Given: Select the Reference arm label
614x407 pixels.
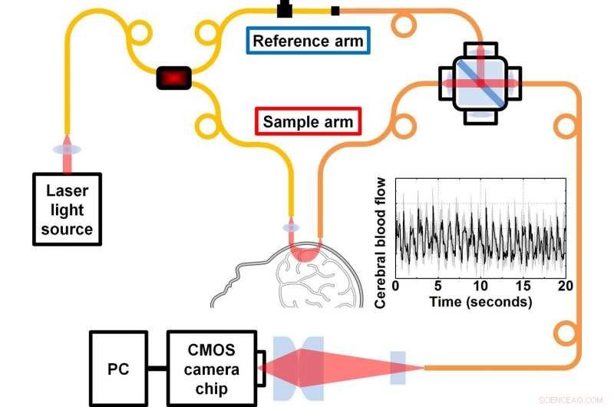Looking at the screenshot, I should [x=308, y=41].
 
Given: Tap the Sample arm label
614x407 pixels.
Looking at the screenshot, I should [x=308, y=121].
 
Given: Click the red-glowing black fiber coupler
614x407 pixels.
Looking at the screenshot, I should [x=174, y=78].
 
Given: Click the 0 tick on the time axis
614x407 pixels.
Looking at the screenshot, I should [x=396, y=286].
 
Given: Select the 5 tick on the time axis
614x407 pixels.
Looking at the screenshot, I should [x=438, y=286].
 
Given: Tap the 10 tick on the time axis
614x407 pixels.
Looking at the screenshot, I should [x=480, y=286].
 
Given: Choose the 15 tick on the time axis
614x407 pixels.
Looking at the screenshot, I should [x=523, y=286].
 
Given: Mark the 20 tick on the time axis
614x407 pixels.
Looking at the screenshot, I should [x=566, y=286].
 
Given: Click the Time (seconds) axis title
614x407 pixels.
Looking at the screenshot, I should [x=480, y=302].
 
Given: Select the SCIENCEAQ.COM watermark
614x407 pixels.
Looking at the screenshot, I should [x=576, y=399].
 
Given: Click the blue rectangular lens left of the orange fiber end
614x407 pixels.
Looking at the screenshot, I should [x=398, y=366].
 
